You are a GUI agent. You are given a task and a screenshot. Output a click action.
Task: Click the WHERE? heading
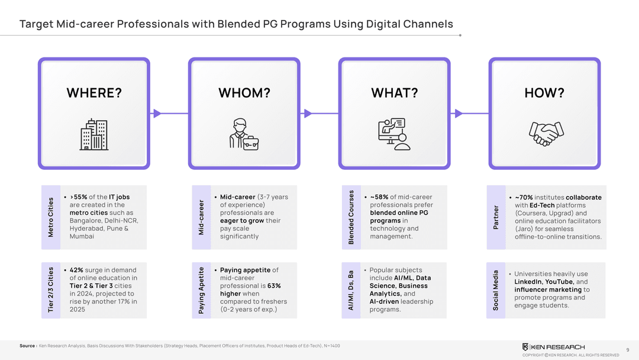tap(93, 93)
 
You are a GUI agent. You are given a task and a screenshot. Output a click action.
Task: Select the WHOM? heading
tap(244, 93)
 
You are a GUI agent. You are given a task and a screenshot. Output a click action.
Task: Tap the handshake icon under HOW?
tap(544, 134)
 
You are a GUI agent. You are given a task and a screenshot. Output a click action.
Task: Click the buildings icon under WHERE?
tap(93, 134)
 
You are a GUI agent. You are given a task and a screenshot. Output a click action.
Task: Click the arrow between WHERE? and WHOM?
tap(157, 113)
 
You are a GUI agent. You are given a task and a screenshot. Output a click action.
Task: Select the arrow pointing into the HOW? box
tap(457, 113)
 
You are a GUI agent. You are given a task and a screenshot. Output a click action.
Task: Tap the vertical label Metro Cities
tap(50, 217)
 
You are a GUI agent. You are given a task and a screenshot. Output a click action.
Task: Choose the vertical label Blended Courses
tap(351, 217)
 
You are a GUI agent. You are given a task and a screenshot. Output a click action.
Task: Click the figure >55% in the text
tap(79, 197)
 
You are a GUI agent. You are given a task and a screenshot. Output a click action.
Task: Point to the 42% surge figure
tap(76, 270)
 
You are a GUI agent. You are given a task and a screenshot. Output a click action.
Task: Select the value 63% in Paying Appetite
tap(273, 286)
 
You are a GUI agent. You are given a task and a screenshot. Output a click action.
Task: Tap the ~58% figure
tap(379, 197)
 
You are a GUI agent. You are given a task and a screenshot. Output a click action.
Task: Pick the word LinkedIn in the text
tap(528, 282)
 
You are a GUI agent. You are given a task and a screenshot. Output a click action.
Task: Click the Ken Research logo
tap(553, 346)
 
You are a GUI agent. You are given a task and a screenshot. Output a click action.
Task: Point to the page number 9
tap(627, 349)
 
